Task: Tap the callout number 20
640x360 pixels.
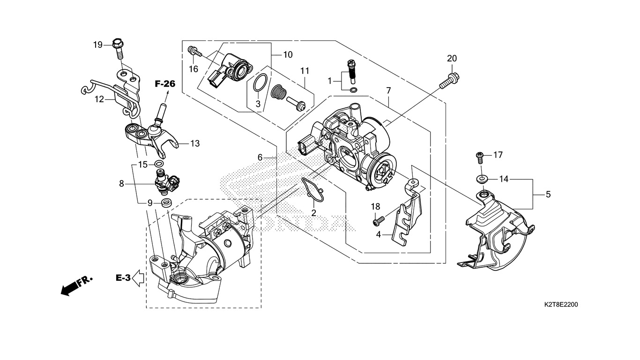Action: pyautogui.click(x=452, y=58)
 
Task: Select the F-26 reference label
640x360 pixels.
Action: pyautogui.click(x=165, y=84)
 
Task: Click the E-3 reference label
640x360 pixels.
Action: pyautogui.click(x=123, y=277)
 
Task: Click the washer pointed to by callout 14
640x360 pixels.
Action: pyautogui.click(x=482, y=179)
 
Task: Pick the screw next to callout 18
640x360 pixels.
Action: pyautogui.click(x=379, y=221)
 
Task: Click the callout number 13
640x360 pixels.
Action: pyautogui.click(x=195, y=143)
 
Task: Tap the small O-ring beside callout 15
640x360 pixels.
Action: pyautogui.click(x=159, y=164)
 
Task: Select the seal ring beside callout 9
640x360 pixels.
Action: pyautogui.click(x=167, y=202)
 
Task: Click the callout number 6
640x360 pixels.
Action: pyautogui.click(x=260, y=157)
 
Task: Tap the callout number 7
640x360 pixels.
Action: pyautogui.click(x=388, y=91)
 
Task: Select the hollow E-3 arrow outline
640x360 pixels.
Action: pyautogui.click(x=139, y=278)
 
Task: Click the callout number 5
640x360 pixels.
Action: pyautogui.click(x=548, y=195)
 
